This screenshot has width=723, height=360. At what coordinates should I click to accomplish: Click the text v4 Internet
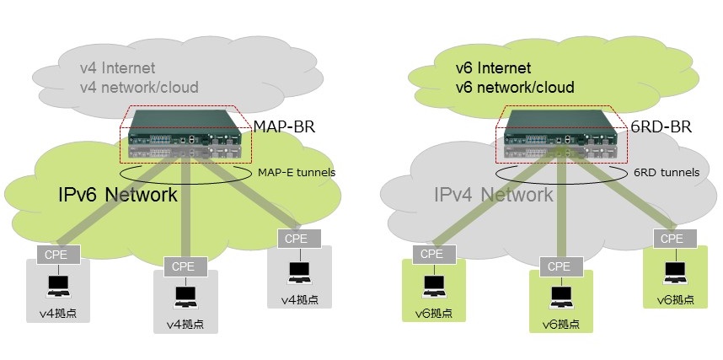point(117,68)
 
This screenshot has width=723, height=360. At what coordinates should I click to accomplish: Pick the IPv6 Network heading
point(112,196)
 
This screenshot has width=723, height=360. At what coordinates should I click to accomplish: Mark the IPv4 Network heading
point(493,196)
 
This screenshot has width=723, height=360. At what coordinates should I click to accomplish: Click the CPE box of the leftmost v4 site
point(58,252)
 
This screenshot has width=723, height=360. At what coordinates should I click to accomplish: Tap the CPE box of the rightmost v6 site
point(672,239)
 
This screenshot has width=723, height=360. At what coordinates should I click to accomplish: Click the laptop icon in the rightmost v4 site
point(299,271)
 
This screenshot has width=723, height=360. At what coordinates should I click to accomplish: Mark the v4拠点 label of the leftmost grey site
point(60,315)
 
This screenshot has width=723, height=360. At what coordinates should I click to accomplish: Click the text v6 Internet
point(495,68)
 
